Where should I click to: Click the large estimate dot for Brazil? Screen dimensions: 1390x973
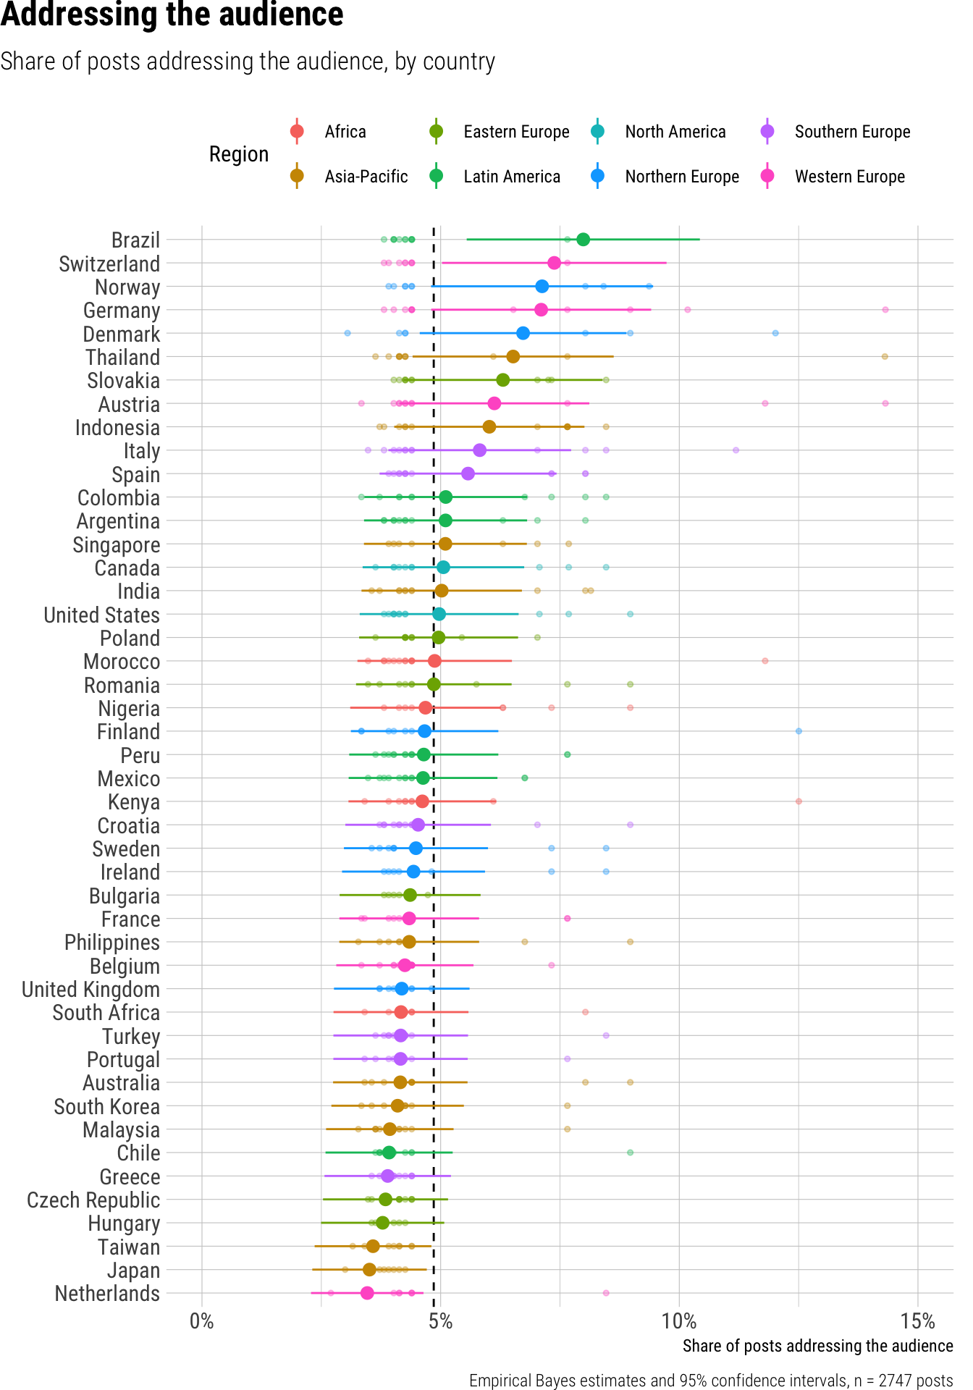[583, 240]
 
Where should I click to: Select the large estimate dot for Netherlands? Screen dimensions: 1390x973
[367, 1293]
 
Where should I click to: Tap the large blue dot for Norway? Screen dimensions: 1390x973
[542, 287]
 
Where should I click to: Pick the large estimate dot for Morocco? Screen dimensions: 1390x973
[434, 661]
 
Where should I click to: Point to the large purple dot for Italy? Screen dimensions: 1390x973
[479, 450]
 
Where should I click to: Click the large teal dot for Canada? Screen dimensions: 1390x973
[443, 568]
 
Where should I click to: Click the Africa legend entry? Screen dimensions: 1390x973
[345, 132]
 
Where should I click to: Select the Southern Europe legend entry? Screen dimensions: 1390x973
[851, 132]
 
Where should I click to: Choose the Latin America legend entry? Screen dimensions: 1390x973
[511, 177]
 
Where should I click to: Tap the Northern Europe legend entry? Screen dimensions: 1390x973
[681, 177]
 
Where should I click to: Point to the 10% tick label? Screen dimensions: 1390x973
[679, 1321]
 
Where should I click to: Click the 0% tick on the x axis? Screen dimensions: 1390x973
[201, 1321]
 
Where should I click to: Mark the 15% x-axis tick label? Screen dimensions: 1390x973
[917, 1321]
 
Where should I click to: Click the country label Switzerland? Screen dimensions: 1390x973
[109, 264]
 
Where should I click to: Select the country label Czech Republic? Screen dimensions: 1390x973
[93, 1200]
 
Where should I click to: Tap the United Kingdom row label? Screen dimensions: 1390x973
[90, 990]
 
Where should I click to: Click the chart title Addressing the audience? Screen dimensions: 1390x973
[172, 14]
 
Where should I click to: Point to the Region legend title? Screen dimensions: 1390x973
[238, 154]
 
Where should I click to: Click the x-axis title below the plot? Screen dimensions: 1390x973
[817, 1346]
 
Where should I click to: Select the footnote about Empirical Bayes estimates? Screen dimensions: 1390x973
[710, 1381]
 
